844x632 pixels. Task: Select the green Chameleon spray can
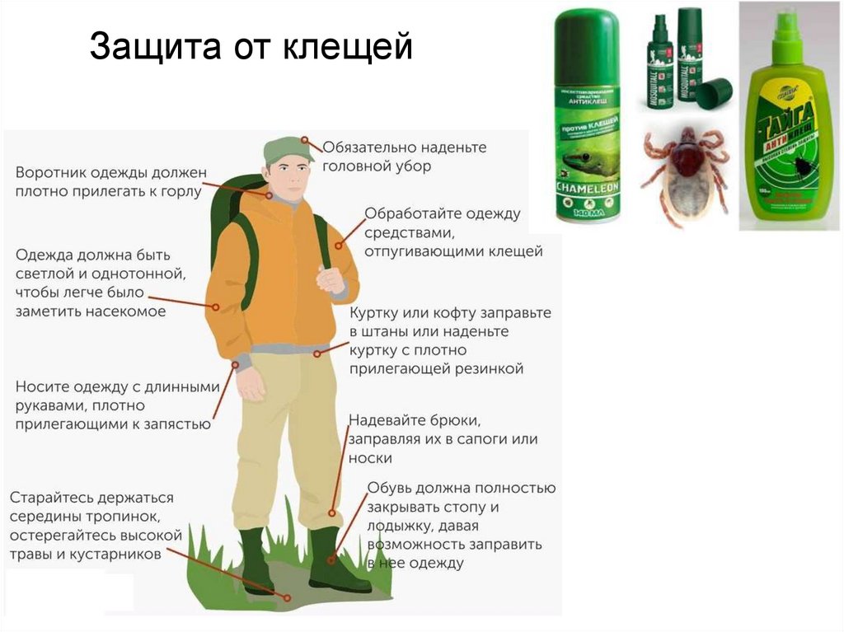click(x=587, y=115)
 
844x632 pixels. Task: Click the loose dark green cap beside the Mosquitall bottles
click(x=715, y=92)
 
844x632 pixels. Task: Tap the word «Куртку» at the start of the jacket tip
click(x=375, y=314)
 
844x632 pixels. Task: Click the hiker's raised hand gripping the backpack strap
click(x=330, y=279)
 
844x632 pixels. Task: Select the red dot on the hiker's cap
click(x=305, y=142)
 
